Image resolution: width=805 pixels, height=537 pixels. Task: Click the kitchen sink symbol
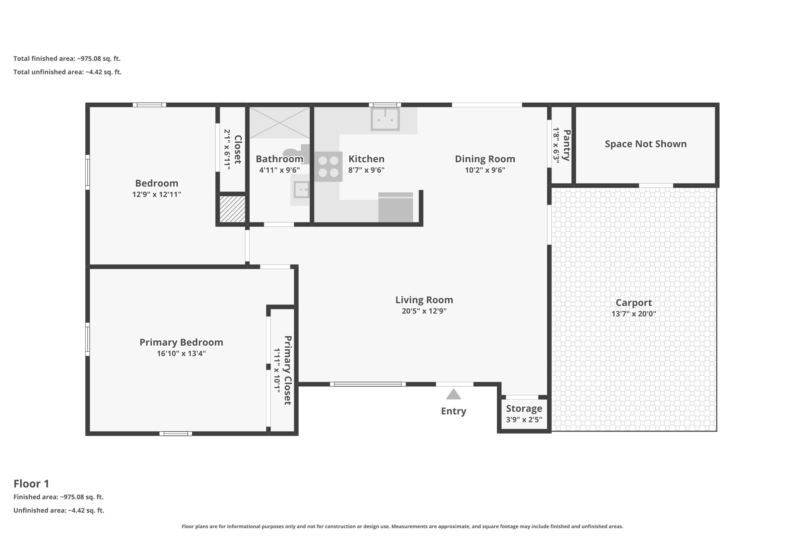tap(385, 118)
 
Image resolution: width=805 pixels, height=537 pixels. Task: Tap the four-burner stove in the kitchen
tap(328, 166)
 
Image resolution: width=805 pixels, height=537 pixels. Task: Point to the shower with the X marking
tap(279, 122)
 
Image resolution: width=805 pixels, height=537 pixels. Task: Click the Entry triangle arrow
tap(453, 395)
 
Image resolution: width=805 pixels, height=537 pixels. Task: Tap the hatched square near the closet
tap(232, 209)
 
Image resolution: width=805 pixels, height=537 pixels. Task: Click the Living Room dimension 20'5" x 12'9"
tap(424, 311)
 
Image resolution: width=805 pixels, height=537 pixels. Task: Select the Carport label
tap(633, 303)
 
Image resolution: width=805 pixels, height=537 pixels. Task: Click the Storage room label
tap(524, 408)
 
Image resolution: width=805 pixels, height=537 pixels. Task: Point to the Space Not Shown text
tap(645, 144)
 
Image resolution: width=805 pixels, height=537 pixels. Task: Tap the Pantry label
tap(566, 145)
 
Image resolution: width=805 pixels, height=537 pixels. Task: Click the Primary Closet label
tap(288, 370)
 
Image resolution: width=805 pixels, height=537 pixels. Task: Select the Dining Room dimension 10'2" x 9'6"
tap(485, 170)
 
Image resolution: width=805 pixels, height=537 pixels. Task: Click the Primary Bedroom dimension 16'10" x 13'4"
tap(181, 354)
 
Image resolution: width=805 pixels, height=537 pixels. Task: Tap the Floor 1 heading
tap(31, 483)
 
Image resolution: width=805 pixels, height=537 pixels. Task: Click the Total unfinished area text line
tap(67, 72)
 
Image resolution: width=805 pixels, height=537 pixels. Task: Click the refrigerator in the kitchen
tap(395, 208)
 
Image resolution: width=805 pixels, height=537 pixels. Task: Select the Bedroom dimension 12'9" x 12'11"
tap(156, 194)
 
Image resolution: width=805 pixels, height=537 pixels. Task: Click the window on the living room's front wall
tap(368, 384)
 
